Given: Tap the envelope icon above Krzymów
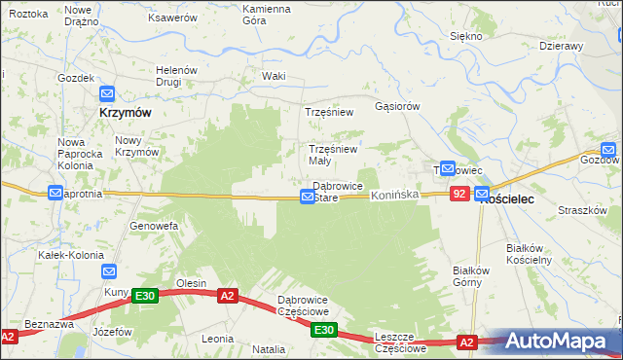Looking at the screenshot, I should click(107, 94).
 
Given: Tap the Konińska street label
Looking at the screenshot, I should click(394, 195).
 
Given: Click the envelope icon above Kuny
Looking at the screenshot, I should click(109, 272).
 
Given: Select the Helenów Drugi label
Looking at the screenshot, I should click(177, 76).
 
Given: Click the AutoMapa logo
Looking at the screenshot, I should click(563, 340).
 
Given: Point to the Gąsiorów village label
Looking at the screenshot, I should click(397, 106).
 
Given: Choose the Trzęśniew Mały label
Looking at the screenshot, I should click(334, 155).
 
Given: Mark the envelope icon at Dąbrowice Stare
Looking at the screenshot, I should click(308, 197).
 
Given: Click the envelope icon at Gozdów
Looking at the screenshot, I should click(608, 148).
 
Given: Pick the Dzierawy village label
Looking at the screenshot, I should click(561, 46).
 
